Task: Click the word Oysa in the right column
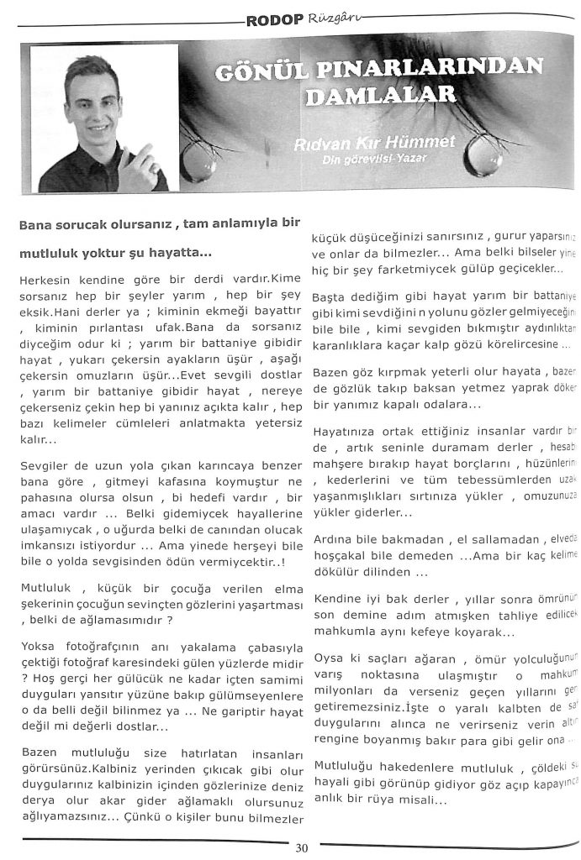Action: (x=326, y=655)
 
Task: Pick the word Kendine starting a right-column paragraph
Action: (x=335, y=598)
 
